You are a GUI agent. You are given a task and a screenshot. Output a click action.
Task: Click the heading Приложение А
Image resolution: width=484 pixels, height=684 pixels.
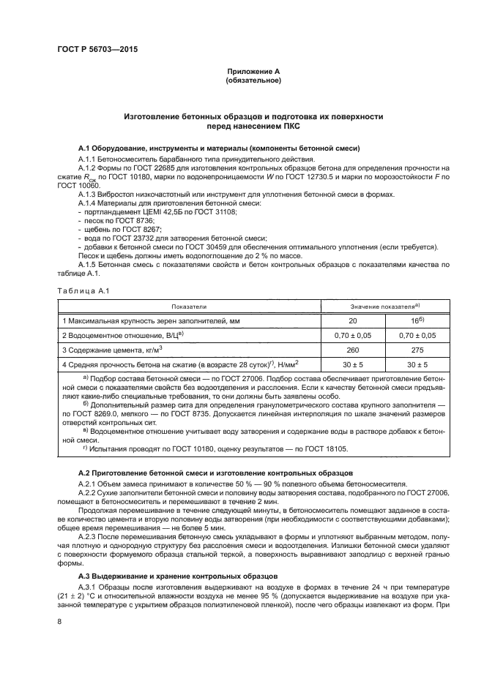tap(253, 72)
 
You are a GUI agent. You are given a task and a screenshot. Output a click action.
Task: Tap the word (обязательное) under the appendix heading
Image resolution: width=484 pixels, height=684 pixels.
tap(253, 80)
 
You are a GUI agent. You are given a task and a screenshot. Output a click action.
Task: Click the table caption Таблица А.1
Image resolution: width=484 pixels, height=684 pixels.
tap(83, 291)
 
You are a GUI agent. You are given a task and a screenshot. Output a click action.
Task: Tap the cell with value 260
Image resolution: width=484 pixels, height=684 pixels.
tap(353, 350)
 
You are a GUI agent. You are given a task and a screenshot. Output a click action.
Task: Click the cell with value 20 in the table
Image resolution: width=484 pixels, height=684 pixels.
tap(353, 320)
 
